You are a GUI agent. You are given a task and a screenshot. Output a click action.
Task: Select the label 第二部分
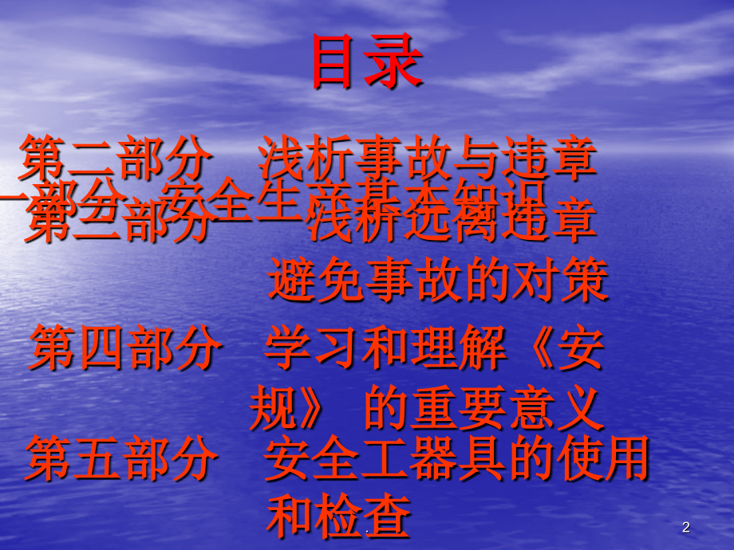(x=117, y=157)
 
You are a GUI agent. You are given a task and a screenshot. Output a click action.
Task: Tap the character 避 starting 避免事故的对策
(x=289, y=279)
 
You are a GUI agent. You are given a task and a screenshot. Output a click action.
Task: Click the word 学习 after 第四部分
(x=310, y=348)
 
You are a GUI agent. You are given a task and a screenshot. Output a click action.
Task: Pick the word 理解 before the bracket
(x=454, y=348)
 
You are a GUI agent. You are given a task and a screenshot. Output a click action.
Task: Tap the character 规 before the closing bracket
(x=270, y=408)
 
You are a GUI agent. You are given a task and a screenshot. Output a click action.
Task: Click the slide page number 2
(x=686, y=527)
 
